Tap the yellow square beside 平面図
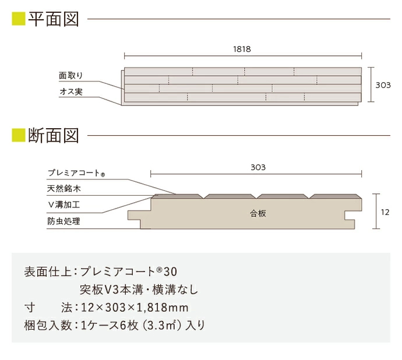[18, 19]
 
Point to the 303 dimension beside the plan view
[382, 85]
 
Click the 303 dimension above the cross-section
[258, 167]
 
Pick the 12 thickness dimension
[385, 213]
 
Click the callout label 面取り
[71, 76]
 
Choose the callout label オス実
[71, 93]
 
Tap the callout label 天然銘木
[64, 189]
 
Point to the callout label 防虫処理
[64, 221]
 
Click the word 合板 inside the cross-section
[258, 214]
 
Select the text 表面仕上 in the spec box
[48, 271]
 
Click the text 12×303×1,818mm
[134, 307]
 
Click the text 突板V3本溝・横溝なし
[139, 290]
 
